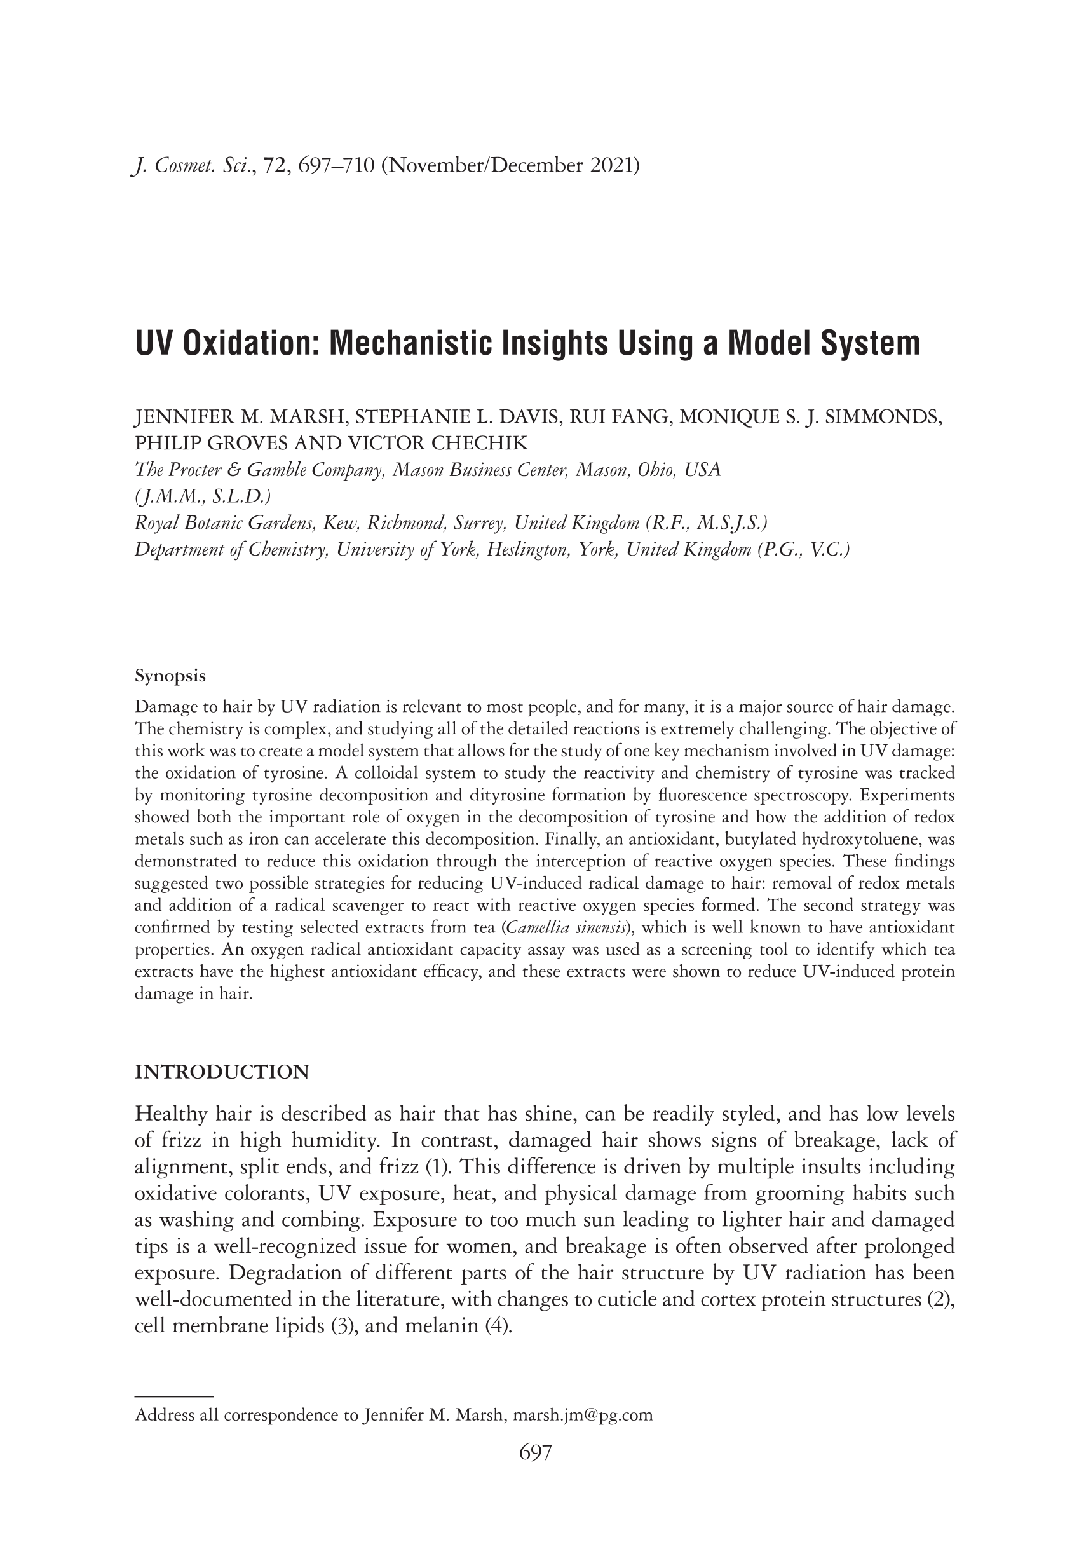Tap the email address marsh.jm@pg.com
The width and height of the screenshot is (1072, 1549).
tap(582, 1415)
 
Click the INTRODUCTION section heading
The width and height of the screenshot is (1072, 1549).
tap(222, 1072)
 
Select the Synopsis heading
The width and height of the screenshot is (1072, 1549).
tap(170, 675)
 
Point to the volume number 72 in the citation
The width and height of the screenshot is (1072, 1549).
tap(275, 165)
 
